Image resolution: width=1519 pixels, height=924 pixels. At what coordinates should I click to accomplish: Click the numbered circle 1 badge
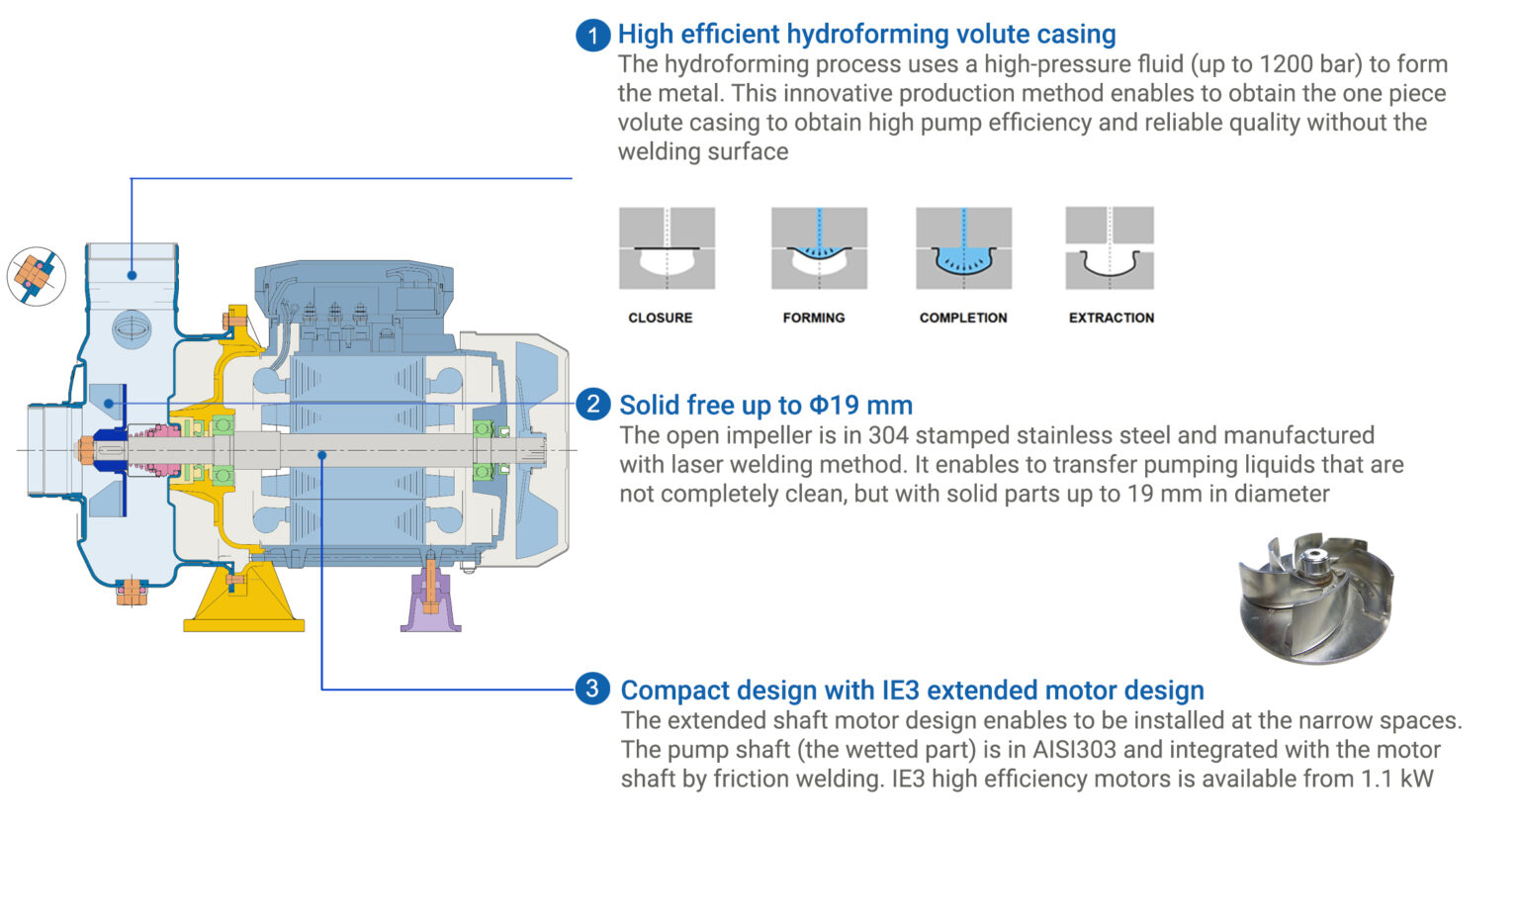(x=592, y=36)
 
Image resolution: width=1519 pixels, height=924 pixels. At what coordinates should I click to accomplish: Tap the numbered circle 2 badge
(x=592, y=404)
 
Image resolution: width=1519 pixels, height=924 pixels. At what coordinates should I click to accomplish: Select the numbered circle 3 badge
(x=592, y=689)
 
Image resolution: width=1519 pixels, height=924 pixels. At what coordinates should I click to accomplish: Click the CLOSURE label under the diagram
(x=661, y=318)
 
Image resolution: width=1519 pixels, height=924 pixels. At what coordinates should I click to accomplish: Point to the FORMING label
(x=814, y=318)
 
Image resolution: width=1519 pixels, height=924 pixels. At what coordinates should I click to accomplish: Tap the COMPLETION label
(x=963, y=318)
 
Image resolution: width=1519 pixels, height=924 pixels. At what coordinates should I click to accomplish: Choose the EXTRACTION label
(x=1112, y=318)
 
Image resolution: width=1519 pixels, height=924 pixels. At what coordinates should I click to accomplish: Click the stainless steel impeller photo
(x=1315, y=597)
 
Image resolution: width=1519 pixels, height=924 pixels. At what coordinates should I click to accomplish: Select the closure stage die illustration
(x=668, y=248)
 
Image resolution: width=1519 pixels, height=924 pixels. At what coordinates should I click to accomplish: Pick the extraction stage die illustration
(x=1110, y=248)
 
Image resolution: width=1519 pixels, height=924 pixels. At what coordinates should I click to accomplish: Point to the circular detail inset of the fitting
(x=37, y=276)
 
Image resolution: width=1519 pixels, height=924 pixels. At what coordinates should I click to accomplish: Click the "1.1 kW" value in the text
(x=1397, y=780)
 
